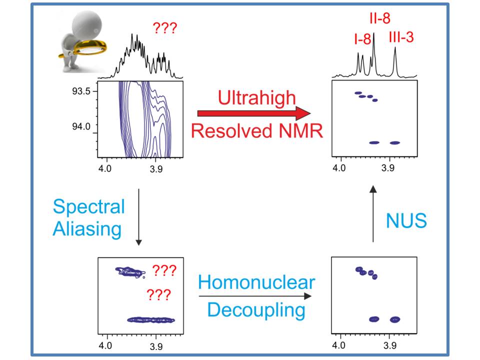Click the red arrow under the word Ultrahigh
tap(254, 113)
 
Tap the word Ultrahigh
tap(257, 97)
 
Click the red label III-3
tap(401, 37)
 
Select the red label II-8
tap(380, 18)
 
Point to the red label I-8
tap(362, 39)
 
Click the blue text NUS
tap(406, 220)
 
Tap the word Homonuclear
tap(256, 282)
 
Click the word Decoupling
tap(256, 310)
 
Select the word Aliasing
tap(87, 229)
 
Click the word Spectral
tap(89, 206)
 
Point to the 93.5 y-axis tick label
tap(81, 91)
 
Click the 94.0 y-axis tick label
tap(81, 126)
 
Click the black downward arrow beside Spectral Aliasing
tap(138, 217)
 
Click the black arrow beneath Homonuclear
tap(255, 296)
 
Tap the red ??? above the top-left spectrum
tap(165, 28)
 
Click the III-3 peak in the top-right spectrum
tap(395, 61)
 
